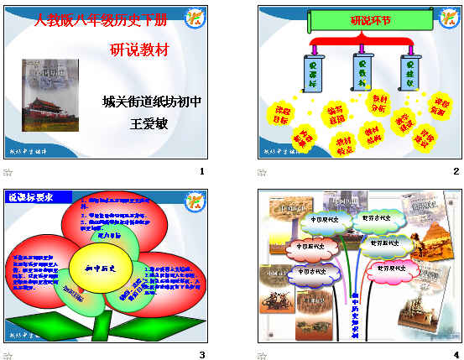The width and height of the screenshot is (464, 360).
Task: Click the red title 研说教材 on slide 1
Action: (x=139, y=50)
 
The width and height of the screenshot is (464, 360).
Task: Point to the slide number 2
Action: (x=456, y=172)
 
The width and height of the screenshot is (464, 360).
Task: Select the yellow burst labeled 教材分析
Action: (x=378, y=104)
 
